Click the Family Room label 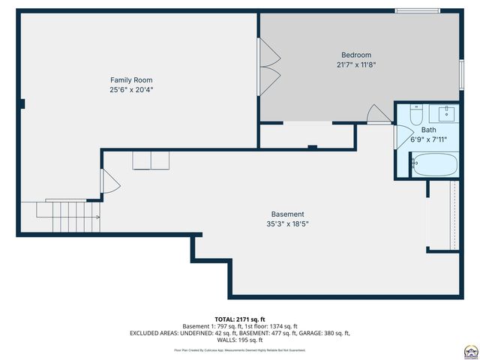(x=131, y=79)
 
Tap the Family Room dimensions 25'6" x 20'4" (x=131, y=90)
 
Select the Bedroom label (x=355, y=55)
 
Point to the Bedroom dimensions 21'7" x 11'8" (x=355, y=65)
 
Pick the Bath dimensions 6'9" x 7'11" (x=428, y=139)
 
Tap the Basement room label (x=287, y=214)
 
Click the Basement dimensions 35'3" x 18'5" (x=287, y=223)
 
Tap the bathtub (x=435, y=164)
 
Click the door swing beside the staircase (x=109, y=182)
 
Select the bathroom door (x=401, y=139)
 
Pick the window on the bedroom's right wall (x=462, y=76)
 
